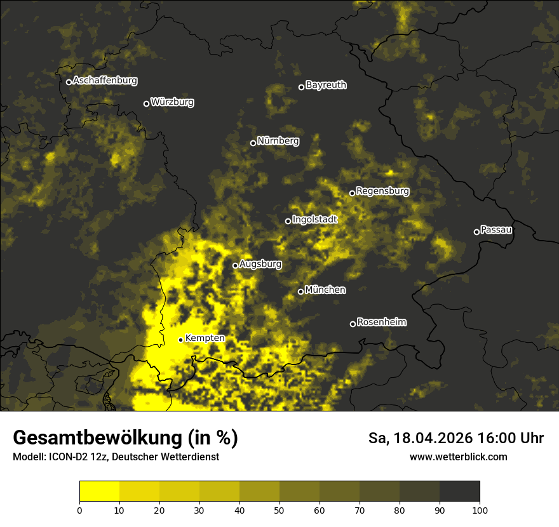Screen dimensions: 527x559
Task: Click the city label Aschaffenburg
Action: click(x=105, y=81)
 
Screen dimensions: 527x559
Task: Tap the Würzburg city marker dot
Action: click(x=146, y=103)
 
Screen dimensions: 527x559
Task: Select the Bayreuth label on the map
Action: click(x=326, y=85)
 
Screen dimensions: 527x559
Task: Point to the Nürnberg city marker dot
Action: click(x=253, y=143)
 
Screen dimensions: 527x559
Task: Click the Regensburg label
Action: click(x=382, y=191)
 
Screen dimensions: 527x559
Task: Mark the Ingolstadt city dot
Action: click(x=288, y=221)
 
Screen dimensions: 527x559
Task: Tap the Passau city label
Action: click(x=496, y=230)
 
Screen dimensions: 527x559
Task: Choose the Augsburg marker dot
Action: click(x=235, y=265)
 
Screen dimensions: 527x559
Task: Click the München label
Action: click(x=325, y=290)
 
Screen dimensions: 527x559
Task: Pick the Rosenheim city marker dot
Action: click(x=353, y=324)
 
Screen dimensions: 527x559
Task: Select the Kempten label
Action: click(x=205, y=338)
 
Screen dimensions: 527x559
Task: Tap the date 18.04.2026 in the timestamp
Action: click(x=432, y=438)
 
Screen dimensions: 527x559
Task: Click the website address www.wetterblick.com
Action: click(x=458, y=457)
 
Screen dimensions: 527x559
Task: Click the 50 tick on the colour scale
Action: click(x=279, y=510)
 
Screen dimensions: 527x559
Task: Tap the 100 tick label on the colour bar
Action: click(x=480, y=510)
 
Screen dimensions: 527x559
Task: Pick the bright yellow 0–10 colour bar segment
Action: click(x=99, y=491)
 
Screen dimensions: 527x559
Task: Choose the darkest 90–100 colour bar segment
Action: click(x=459, y=491)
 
